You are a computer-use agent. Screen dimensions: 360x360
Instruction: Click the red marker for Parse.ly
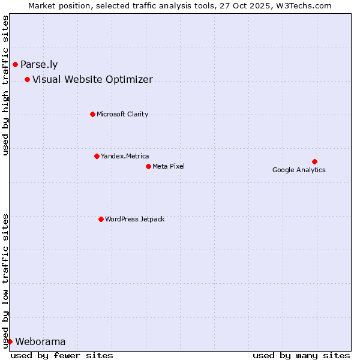[x=15, y=64]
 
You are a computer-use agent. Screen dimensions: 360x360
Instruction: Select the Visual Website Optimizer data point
[x=27, y=79]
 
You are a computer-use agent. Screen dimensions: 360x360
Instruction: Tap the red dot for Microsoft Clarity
[x=92, y=114]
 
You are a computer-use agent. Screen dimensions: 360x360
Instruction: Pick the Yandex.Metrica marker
[x=97, y=156]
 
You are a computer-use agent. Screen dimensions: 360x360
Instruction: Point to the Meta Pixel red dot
[x=148, y=166]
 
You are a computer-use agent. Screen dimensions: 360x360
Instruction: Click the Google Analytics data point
[x=314, y=161]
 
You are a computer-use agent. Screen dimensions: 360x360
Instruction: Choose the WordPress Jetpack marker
[x=101, y=219]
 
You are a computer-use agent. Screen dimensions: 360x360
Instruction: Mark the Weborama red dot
[x=10, y=341]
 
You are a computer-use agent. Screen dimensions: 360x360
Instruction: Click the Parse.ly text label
[x=39, y=65]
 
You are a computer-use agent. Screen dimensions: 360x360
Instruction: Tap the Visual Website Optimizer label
[x=92, y=80]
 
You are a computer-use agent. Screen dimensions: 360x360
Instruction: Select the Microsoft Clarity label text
[x=122, y=114]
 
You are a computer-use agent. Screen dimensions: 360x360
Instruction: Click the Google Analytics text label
[x=299, y=170]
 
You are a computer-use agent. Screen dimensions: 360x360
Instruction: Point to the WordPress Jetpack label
[x=134, y=219]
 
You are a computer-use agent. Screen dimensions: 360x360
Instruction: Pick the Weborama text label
[x=40, y=342]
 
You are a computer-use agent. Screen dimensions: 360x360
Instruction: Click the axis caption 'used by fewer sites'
[x=62, y=355]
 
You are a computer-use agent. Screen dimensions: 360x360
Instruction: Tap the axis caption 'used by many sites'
[x=301, y=355]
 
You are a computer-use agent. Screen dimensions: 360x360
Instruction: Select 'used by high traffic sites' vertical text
[x=6, y=85]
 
